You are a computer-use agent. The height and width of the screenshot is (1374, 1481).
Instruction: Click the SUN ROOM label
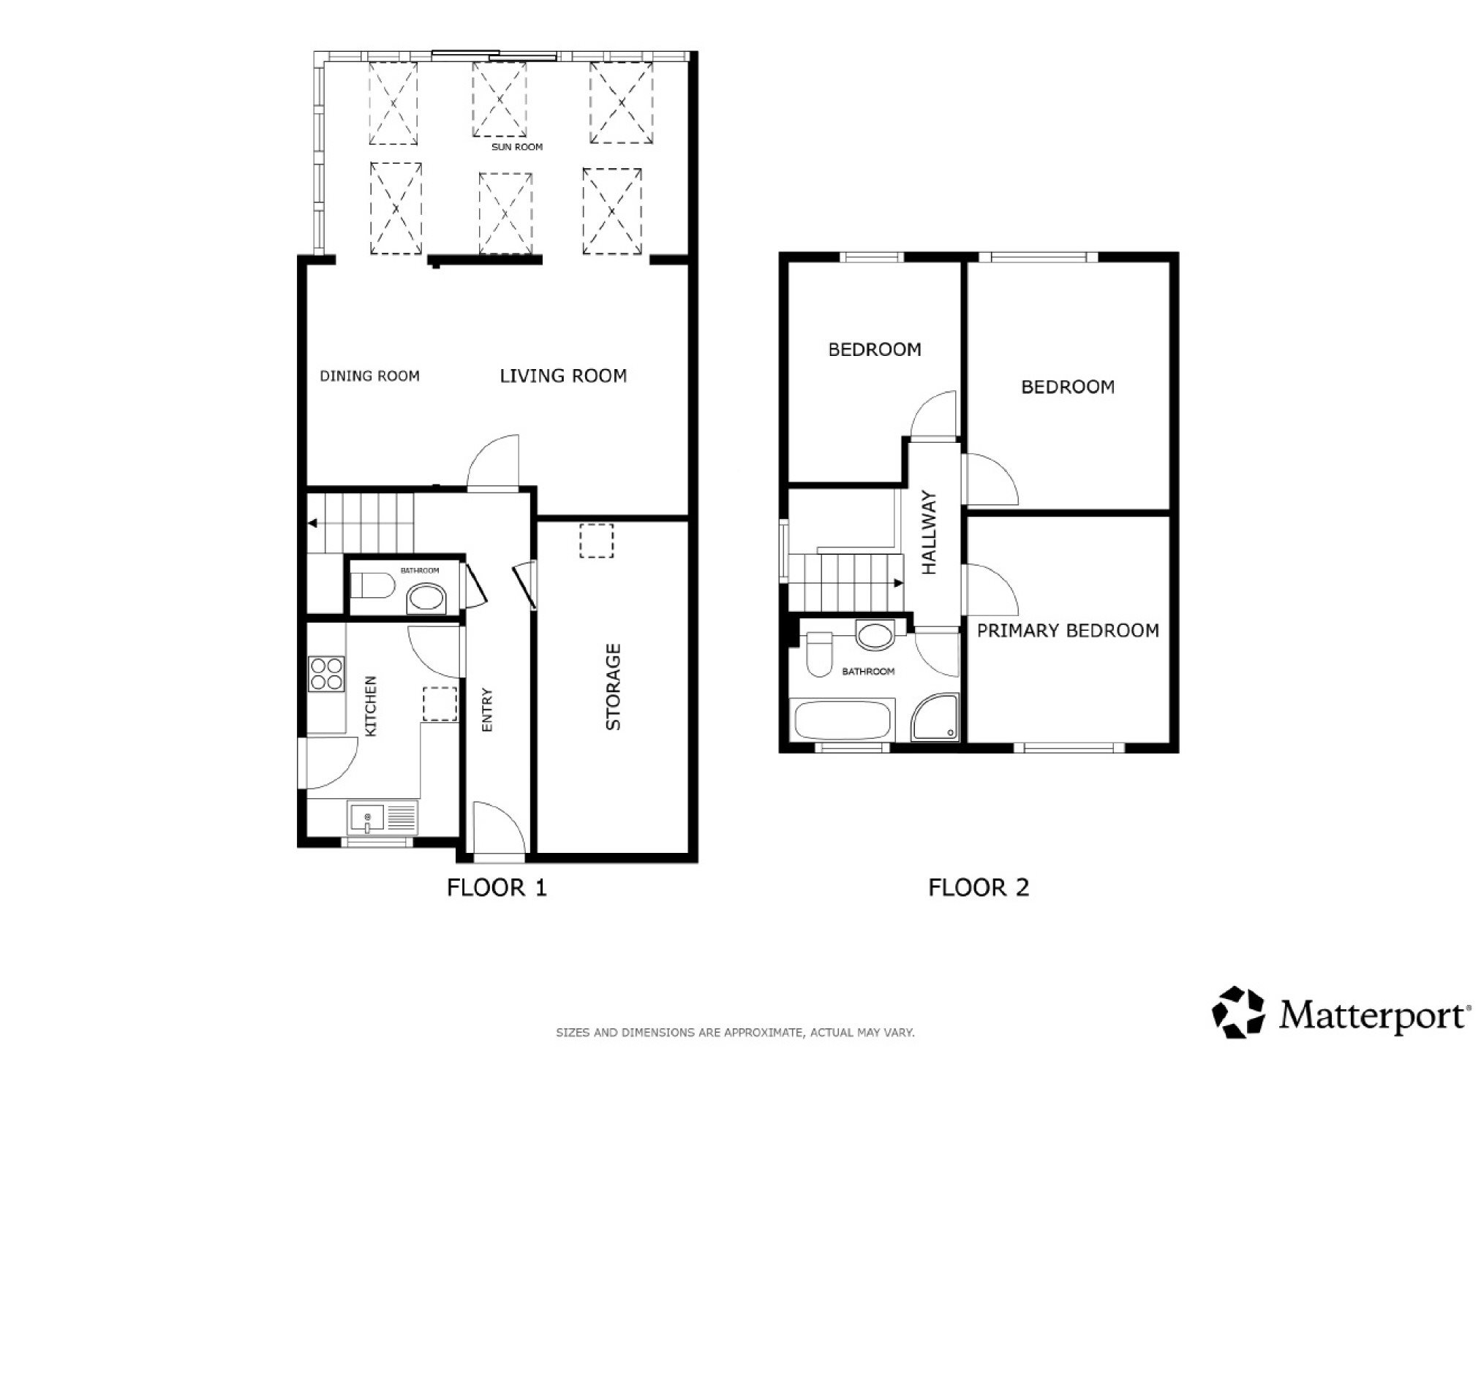517,147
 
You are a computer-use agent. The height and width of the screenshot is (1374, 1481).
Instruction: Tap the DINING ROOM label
369,376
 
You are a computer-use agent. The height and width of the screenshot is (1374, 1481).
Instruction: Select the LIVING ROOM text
563,376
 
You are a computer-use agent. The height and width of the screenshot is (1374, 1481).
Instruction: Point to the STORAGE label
613,686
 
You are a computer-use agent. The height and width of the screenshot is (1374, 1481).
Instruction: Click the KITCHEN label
371,706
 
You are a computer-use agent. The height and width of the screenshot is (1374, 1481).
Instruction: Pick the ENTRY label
487,710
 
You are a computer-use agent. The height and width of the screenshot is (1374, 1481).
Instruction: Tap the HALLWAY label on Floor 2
929,531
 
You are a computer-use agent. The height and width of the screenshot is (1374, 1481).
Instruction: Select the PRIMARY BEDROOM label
1068,631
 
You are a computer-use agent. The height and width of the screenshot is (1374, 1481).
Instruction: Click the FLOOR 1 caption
497,887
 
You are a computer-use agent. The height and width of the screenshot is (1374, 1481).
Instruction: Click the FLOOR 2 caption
978,887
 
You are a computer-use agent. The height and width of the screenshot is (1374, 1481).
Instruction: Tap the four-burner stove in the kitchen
326,674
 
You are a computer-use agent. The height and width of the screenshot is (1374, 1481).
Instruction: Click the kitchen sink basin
367,818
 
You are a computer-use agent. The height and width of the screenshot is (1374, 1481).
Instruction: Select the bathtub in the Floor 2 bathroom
843,720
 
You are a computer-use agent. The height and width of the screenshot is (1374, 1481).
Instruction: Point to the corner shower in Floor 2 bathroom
935,717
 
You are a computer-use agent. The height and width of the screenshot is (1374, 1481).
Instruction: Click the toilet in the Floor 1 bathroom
372,585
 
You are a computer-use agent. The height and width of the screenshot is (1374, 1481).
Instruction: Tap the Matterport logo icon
1237,1012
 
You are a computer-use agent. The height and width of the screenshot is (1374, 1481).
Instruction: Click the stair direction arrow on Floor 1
313,523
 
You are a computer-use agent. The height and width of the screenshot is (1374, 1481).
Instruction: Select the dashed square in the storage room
596,541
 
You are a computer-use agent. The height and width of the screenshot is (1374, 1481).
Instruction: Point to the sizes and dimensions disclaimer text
735,1033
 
